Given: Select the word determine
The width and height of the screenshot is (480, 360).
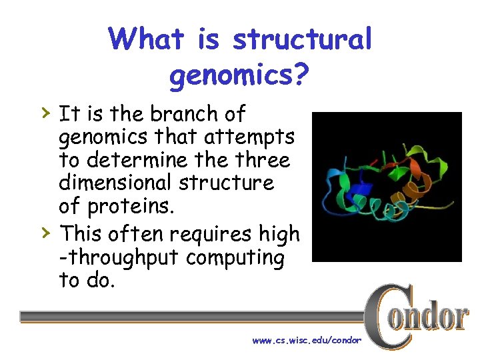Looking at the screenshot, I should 137,160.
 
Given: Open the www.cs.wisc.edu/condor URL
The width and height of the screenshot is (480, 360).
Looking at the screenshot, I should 306,341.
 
